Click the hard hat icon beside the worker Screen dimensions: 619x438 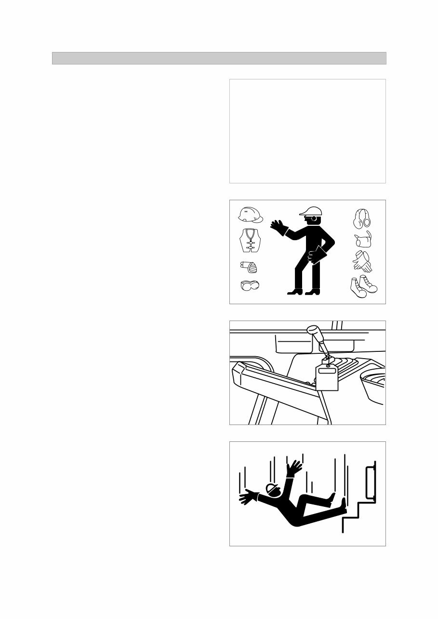click(251, 215)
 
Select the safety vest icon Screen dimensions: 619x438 click(250, 240)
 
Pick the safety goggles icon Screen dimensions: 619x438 click(250, 285)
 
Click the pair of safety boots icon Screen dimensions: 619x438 click(364, 287)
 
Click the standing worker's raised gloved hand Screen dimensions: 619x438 click(279, 227)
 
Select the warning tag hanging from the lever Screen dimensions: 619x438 click(327, 378)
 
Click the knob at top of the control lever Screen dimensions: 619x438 click(314, 332)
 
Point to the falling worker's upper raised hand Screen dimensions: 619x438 click(293, 467)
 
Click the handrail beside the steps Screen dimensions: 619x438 click(370, 481)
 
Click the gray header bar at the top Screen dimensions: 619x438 click(219, 58)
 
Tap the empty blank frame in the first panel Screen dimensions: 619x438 click(307, 131)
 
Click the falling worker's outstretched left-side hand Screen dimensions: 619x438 click(248, 497)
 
